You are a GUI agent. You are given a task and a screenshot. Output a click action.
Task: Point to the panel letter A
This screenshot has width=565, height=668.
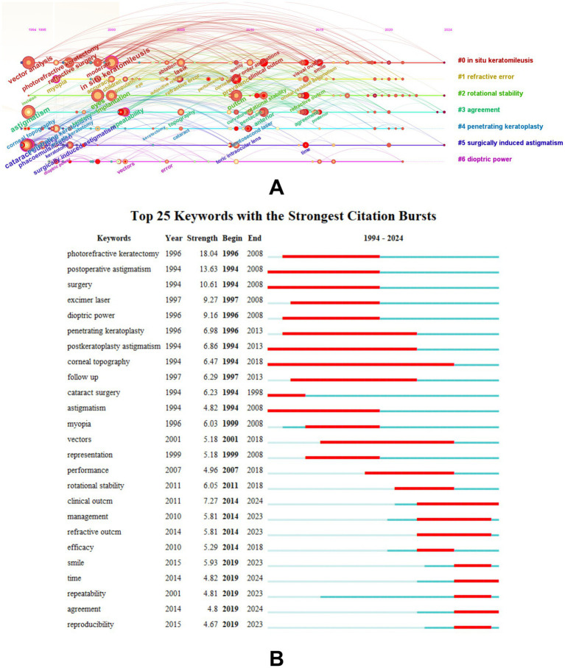pyautogui.click(x=277, y=188)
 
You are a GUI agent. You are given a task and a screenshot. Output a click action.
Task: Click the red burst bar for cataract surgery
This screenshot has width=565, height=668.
pyautogui.click(x=287, y=395)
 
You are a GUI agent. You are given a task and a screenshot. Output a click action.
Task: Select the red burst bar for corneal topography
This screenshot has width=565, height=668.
pyautogui.click(x=361, y=363)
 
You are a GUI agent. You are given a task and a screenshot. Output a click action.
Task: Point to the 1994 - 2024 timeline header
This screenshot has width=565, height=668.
pyautogui.click(x=383, y=238)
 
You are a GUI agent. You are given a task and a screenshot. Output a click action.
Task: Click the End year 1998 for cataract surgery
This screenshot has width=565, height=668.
pyautogui.click(x=255, y=395)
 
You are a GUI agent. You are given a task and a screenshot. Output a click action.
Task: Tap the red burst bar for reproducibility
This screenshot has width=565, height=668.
pyautogui.click(x=473, y=627)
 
